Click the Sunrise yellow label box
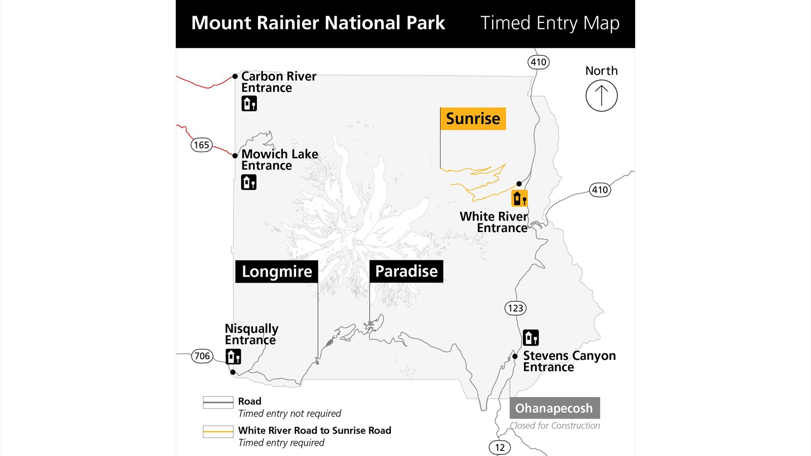473,119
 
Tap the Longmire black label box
277,272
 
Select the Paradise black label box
406,271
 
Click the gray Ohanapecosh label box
555,408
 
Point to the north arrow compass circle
601,96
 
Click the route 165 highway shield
201,145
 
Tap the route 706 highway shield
202,356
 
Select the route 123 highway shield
515,308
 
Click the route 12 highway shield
500,447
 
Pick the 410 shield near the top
538,62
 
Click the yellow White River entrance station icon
520,198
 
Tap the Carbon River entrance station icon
249,103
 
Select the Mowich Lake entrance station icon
249,182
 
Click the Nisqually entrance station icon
233,357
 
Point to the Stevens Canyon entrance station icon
531,337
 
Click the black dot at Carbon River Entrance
235,77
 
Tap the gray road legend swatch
218,402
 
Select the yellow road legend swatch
218,432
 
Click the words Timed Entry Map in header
550,23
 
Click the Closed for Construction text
555,426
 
